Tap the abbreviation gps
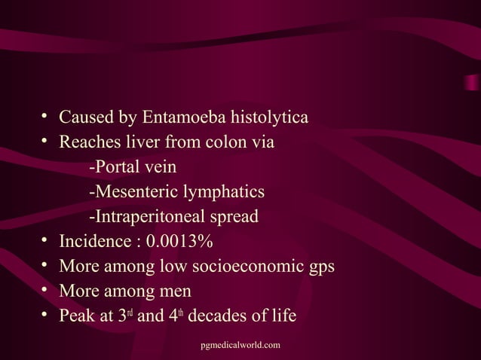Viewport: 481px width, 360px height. coord(320,267)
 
